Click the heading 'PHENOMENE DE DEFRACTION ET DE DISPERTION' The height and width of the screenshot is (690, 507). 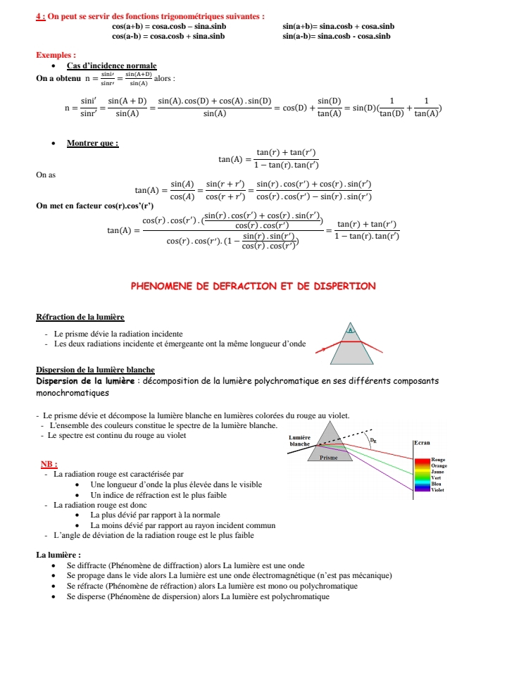pos(254,286)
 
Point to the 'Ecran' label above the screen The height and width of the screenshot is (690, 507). pos(422,442)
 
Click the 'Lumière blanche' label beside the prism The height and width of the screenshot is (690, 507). pos(300,441)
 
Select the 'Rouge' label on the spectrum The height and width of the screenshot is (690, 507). pos(439,460)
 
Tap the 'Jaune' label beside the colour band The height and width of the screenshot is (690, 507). pos(438,471)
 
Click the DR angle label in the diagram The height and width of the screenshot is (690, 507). pos(373,442)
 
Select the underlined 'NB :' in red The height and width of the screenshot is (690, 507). pos(49,464)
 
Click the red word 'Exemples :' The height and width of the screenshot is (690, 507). pos(56,55)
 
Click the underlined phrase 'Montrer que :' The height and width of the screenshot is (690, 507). pos(92,144)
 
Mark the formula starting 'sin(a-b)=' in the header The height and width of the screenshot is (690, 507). pos(336,36)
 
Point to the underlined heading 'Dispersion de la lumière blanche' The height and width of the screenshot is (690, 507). pos(95,370)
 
